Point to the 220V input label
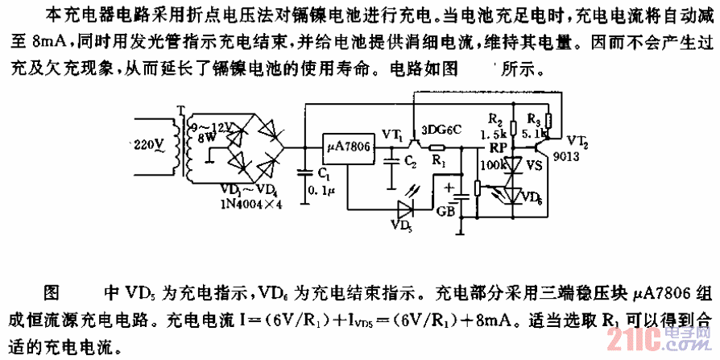pyautogui.click(x=149, y=146)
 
